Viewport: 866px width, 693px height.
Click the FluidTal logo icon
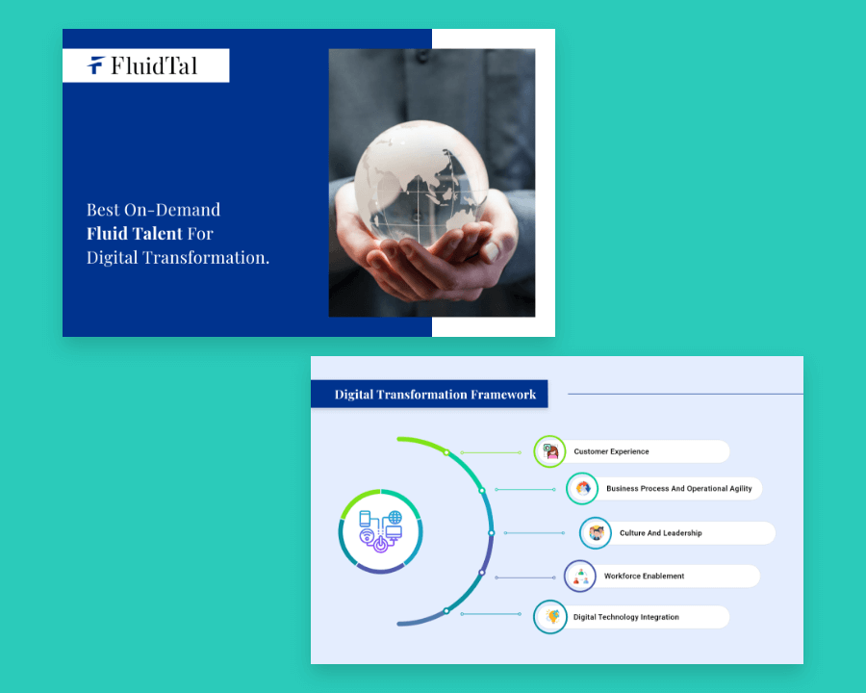95,65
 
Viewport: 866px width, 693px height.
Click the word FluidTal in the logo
154,65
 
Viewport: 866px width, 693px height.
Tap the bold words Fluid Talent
134,233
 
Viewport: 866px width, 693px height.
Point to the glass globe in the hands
420,183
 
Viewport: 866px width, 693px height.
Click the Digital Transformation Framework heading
435,394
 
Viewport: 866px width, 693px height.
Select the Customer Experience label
611,451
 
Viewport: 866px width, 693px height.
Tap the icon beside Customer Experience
550,451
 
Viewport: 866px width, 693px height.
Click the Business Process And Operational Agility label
679,489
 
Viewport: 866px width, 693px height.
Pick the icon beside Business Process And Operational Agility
582,489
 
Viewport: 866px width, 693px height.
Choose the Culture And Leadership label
660,532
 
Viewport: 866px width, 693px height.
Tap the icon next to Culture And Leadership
596,532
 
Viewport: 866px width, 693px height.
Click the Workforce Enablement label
644,576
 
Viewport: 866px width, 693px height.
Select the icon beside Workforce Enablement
580,576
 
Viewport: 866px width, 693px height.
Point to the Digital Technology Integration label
626,617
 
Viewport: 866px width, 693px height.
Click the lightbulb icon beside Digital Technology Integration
550,617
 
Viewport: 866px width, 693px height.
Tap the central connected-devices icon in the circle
380,531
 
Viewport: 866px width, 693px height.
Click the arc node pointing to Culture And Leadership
492,532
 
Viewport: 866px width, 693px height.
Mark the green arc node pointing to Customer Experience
446,452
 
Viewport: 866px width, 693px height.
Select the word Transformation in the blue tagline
206,258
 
